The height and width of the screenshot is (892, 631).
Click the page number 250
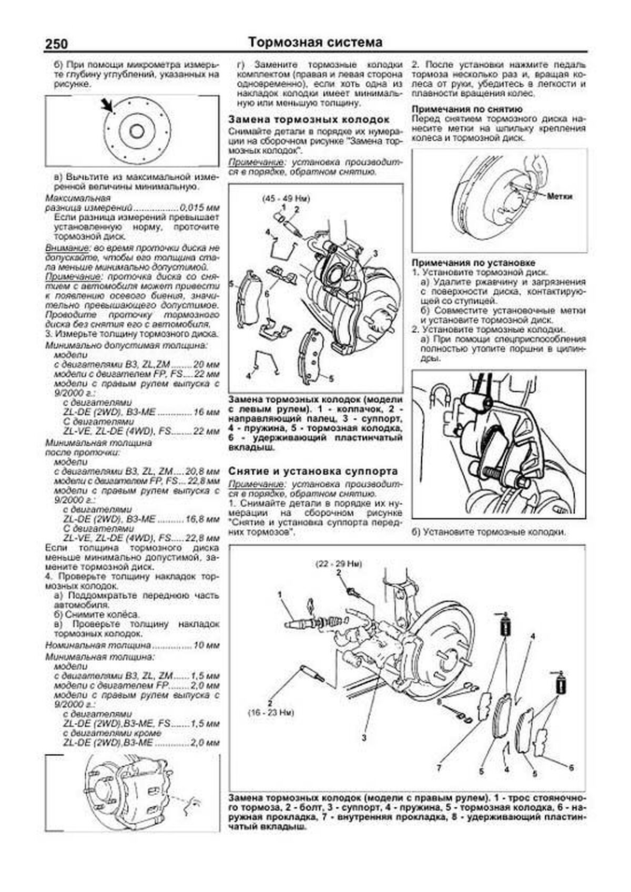point(56,44)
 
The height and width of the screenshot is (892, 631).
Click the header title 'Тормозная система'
point(315,43)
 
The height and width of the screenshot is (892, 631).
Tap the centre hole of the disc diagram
point(137,131)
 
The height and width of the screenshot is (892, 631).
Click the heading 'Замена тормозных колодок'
point(309,119)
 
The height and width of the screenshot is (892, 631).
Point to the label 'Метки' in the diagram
point(559,196)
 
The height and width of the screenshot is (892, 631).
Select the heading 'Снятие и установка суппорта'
point(313,471)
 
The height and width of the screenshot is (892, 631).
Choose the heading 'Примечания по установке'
point(474,262)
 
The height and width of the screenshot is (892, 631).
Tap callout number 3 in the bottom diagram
point(364,738)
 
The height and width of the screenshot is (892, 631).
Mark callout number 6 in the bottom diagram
point(571,767)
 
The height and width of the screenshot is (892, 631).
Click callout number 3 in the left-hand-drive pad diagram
point(375,253)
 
